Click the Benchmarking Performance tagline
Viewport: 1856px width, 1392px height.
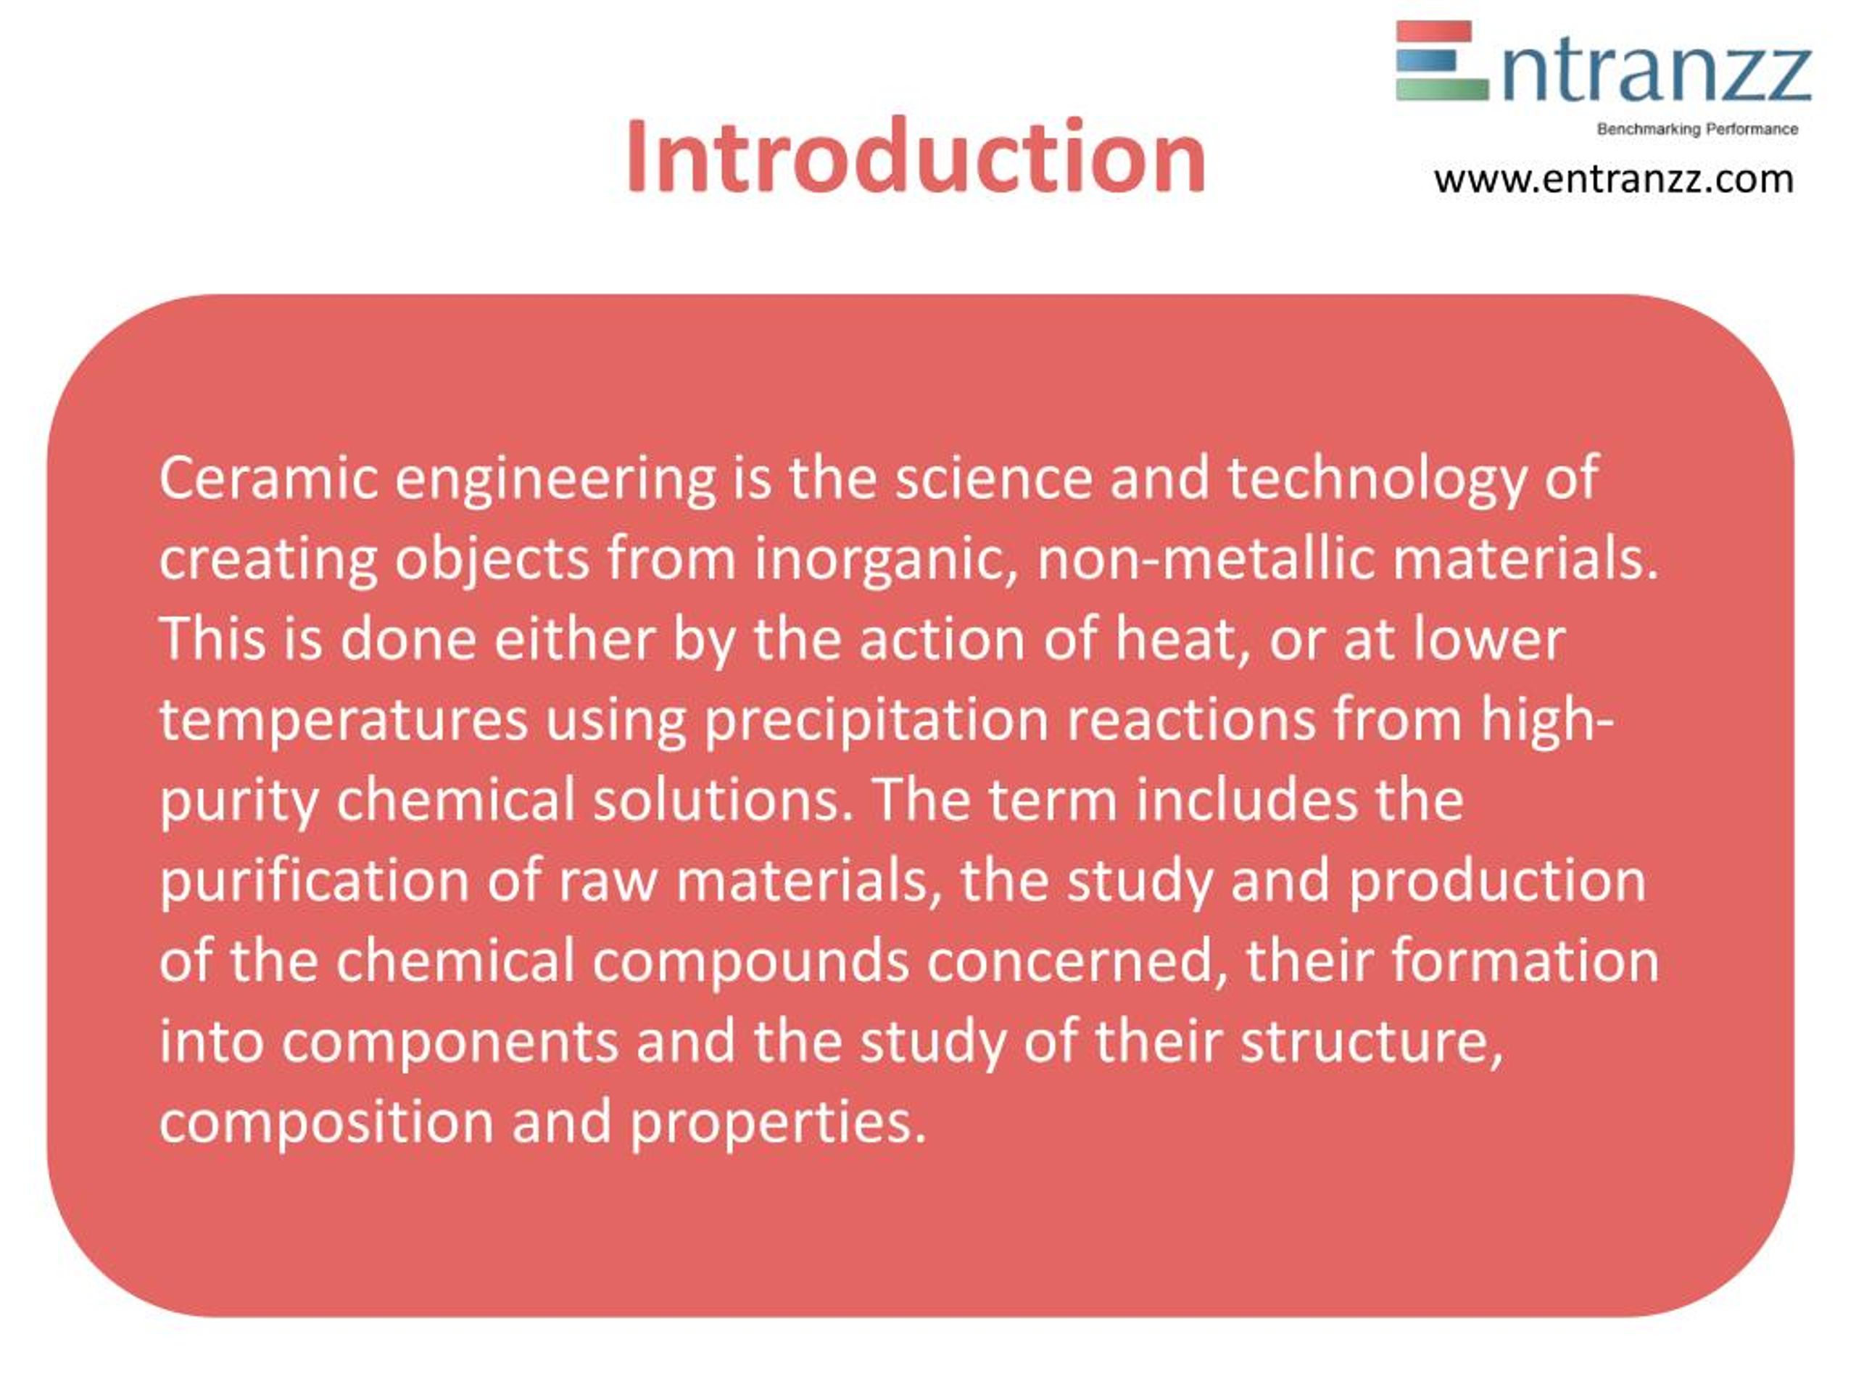click(x=1696, y=129)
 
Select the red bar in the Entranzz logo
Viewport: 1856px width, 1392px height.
click(x=1433, y=32)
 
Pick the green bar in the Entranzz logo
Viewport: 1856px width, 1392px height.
click(x=1441, y=89)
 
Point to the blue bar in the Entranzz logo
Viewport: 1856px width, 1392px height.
click(x=1426, y=60)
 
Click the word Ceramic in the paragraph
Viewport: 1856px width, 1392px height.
click(x=268, y=478)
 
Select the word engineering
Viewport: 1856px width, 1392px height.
click(x=555, y=480)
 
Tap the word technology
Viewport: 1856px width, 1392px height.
click(x=1376, y=480)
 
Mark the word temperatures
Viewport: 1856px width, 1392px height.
click(x=343, y=721)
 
